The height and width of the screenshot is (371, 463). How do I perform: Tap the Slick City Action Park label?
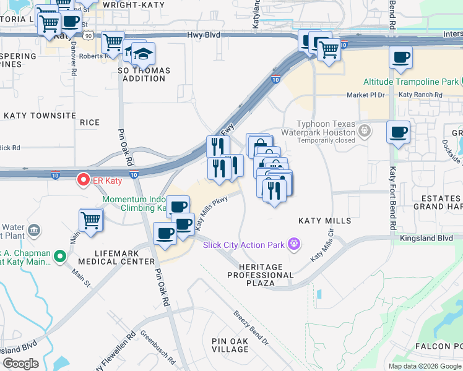coord(243,245)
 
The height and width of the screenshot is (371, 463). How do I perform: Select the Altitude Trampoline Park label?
coord(410,82)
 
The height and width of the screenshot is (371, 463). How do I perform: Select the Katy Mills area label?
coord(324,221)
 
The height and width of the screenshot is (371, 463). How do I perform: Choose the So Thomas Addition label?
coord(144,75)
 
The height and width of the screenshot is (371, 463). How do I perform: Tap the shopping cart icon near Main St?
coord(91,220)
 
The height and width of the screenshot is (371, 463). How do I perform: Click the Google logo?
coord(21,364)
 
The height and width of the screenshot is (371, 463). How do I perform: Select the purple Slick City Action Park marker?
coord(294,245)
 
